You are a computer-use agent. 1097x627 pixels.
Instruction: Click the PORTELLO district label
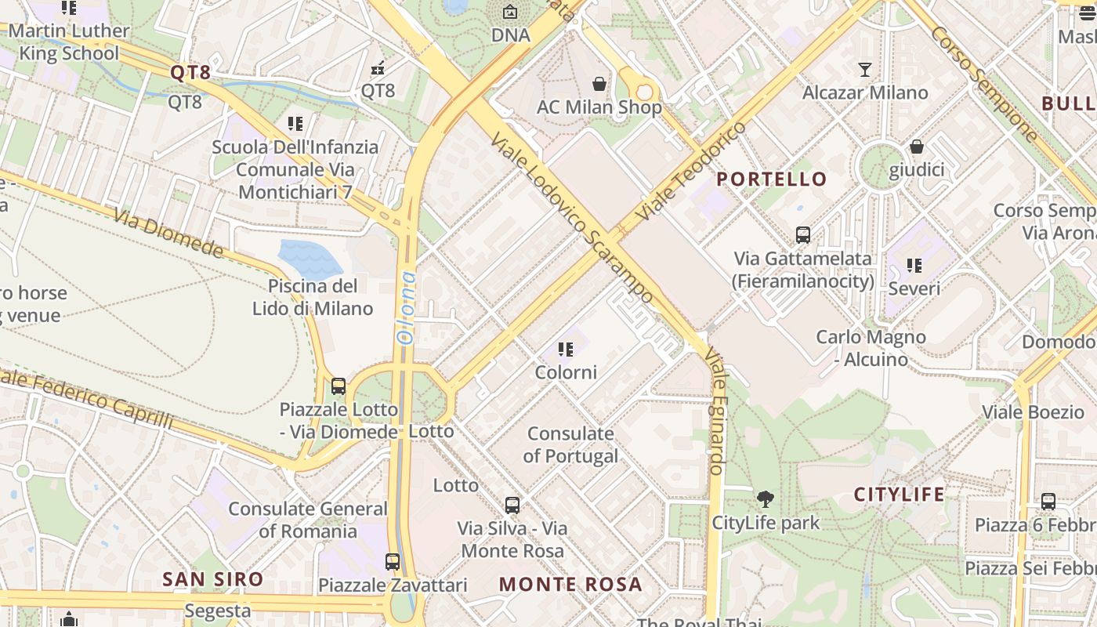772,179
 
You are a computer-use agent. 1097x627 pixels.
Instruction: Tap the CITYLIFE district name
899,495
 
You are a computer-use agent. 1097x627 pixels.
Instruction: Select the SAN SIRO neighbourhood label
212,580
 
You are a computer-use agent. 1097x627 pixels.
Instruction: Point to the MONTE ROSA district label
570,584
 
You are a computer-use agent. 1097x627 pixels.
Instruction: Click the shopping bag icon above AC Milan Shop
599,83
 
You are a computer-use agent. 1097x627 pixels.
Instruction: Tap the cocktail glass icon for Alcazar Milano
864,70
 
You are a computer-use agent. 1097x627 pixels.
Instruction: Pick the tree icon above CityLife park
766,498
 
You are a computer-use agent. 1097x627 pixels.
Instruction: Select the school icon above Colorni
566,350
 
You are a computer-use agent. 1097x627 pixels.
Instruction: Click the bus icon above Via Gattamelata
802,234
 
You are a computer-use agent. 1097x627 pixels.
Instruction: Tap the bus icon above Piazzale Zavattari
393,561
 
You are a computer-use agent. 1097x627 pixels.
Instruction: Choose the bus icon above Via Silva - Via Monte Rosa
512,505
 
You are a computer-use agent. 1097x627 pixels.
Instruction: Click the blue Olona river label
406,308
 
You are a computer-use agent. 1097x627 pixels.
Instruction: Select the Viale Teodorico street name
691,171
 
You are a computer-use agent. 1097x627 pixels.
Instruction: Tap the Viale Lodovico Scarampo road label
571,218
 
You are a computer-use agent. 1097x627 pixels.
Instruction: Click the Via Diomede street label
168,233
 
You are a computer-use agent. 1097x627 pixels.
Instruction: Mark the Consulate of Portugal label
570,444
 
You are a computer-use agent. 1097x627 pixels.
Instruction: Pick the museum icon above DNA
510,12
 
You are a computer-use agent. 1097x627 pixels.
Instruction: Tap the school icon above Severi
914,266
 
